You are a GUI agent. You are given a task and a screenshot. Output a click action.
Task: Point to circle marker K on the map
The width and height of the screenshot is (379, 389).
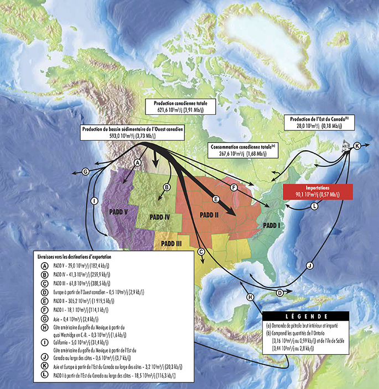click(357, 145)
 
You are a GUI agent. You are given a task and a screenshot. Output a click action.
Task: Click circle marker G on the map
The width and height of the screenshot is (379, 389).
click(86, 172)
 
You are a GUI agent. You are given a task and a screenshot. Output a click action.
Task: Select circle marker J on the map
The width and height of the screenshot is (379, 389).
click(310, 265)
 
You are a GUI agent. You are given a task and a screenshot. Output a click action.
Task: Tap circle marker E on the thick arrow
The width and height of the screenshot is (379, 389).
click(216, 199)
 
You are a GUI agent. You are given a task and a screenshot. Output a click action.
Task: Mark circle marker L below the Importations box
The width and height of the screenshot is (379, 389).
click(314, 206)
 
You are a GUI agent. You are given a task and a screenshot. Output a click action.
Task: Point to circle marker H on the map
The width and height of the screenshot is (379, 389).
click(251, 298)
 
